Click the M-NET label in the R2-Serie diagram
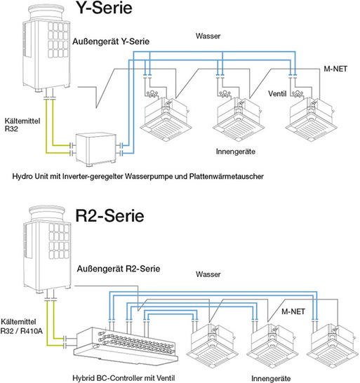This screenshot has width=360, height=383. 293,308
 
